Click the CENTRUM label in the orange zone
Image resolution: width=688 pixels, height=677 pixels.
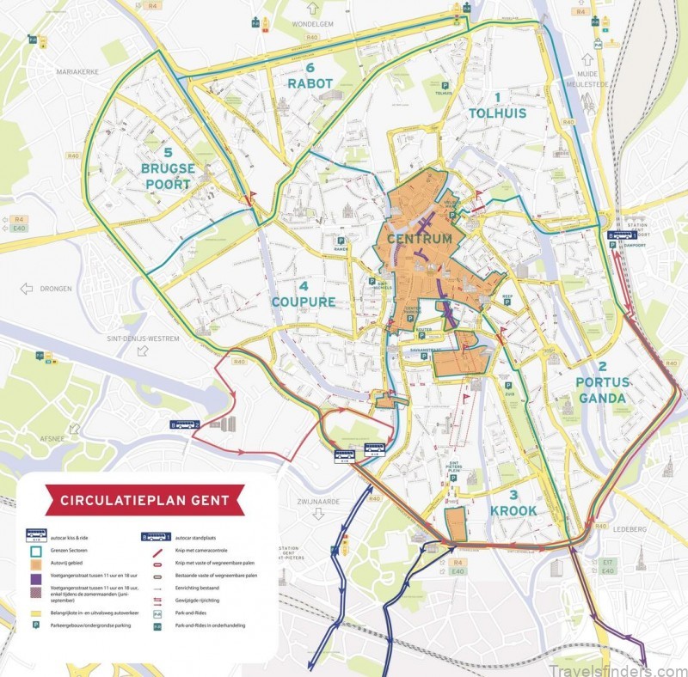420,238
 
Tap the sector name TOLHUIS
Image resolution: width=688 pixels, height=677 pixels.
497,113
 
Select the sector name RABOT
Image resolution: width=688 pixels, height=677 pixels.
310,83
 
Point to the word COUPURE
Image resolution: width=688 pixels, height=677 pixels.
304,302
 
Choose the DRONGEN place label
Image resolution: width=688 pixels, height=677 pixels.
53,289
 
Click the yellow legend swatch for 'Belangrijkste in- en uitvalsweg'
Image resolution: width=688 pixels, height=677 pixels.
37,613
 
